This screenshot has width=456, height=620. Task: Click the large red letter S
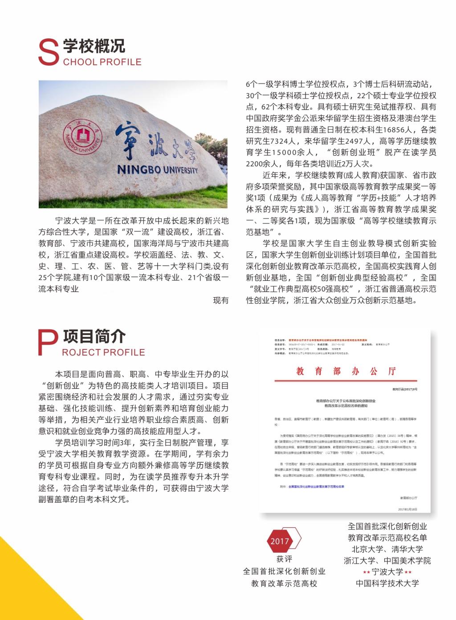49,53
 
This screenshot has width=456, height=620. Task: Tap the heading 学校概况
94,46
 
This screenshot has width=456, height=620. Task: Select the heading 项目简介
94,336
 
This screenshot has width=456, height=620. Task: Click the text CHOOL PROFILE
102,62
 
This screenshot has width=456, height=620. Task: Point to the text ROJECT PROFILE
103,352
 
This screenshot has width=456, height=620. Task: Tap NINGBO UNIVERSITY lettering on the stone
158,169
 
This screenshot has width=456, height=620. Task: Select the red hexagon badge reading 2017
280,541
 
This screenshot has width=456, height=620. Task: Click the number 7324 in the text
288,141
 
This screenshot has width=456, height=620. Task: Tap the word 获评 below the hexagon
284,559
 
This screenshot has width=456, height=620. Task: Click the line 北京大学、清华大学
387,549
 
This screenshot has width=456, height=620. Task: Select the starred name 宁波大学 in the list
387,572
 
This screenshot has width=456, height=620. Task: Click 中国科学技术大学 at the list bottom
387,583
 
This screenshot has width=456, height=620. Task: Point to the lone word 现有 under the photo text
221,300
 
